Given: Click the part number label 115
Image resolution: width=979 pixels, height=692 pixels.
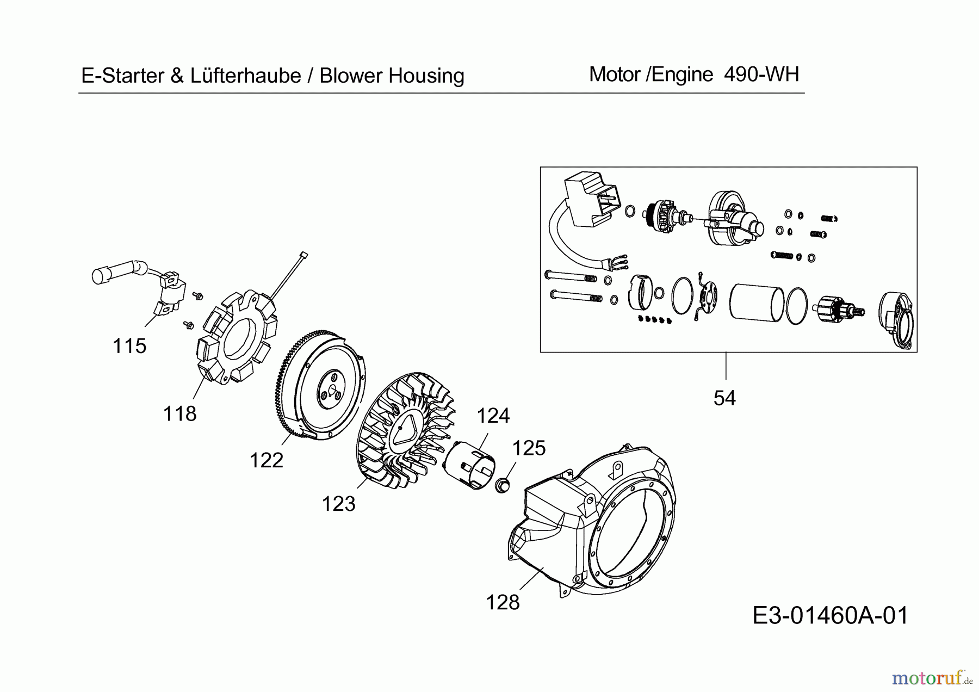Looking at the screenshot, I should pos(129,346).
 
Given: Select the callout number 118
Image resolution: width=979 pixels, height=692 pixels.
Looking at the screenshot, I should pos(179,414).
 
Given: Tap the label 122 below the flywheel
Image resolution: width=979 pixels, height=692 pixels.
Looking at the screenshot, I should pos(266,461).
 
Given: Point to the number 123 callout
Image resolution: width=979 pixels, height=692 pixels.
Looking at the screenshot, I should pos(338,504).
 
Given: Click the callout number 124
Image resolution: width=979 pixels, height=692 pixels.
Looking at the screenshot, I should pos(493,416).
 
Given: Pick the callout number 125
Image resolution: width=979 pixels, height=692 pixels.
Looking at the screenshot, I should pos(529,448).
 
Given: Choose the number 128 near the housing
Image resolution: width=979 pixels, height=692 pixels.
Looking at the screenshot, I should pos(503,603).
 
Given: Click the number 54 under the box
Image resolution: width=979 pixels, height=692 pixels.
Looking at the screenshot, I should pos(724,398).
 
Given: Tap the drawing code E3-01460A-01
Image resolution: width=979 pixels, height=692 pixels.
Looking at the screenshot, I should pos(830,616).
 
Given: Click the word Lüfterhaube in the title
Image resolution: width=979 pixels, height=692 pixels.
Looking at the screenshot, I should pos(245,76).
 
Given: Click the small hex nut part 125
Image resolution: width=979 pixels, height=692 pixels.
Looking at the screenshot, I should pos(503,484).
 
